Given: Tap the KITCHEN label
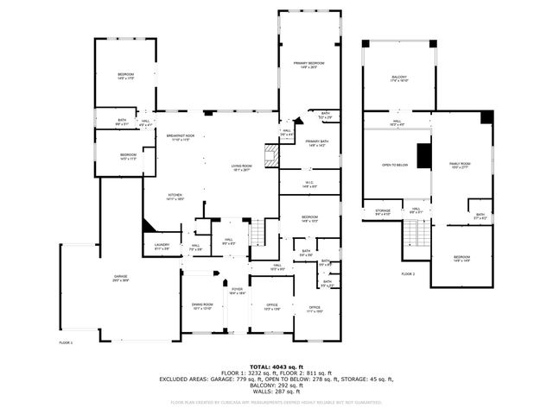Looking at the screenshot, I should click(175, 197).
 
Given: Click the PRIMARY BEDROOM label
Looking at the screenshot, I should click(308, 66).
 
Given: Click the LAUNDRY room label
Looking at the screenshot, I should click(162, 247).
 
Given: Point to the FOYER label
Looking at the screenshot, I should click(237, 291).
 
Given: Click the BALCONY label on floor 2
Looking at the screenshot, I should click(399, 79).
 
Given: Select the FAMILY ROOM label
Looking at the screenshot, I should click(460, 166).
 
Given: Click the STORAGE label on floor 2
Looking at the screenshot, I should click(382, 212).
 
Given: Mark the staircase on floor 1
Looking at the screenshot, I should click(256, 232).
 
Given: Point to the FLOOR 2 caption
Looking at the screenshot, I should click(408, 273).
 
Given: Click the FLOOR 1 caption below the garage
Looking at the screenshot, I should click(66, 342).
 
